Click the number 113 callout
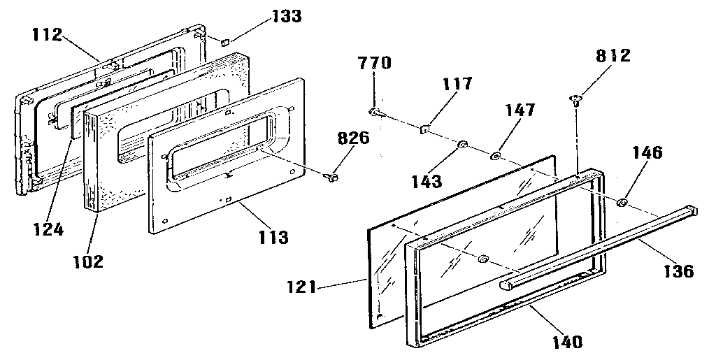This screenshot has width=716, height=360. (273, 237)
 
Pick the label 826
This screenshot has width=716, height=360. (354, 138)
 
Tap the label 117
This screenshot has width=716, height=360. (457, 85)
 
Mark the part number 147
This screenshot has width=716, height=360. (521, 110)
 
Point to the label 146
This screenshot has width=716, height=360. (647, 152)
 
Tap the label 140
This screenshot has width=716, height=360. (566, 342)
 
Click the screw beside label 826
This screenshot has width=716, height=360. (332, 179)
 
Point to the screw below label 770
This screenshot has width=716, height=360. (374, 111)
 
